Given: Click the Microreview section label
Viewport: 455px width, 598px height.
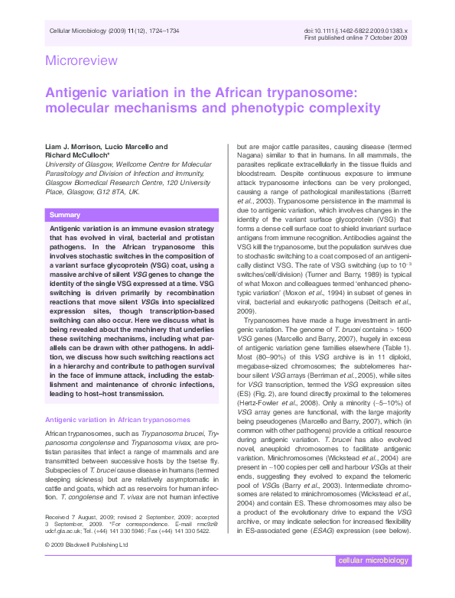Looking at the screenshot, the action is pos(82,60).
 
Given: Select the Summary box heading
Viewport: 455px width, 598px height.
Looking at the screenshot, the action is pos(65,215).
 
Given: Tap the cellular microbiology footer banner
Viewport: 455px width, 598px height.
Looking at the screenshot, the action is pos(375,582).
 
